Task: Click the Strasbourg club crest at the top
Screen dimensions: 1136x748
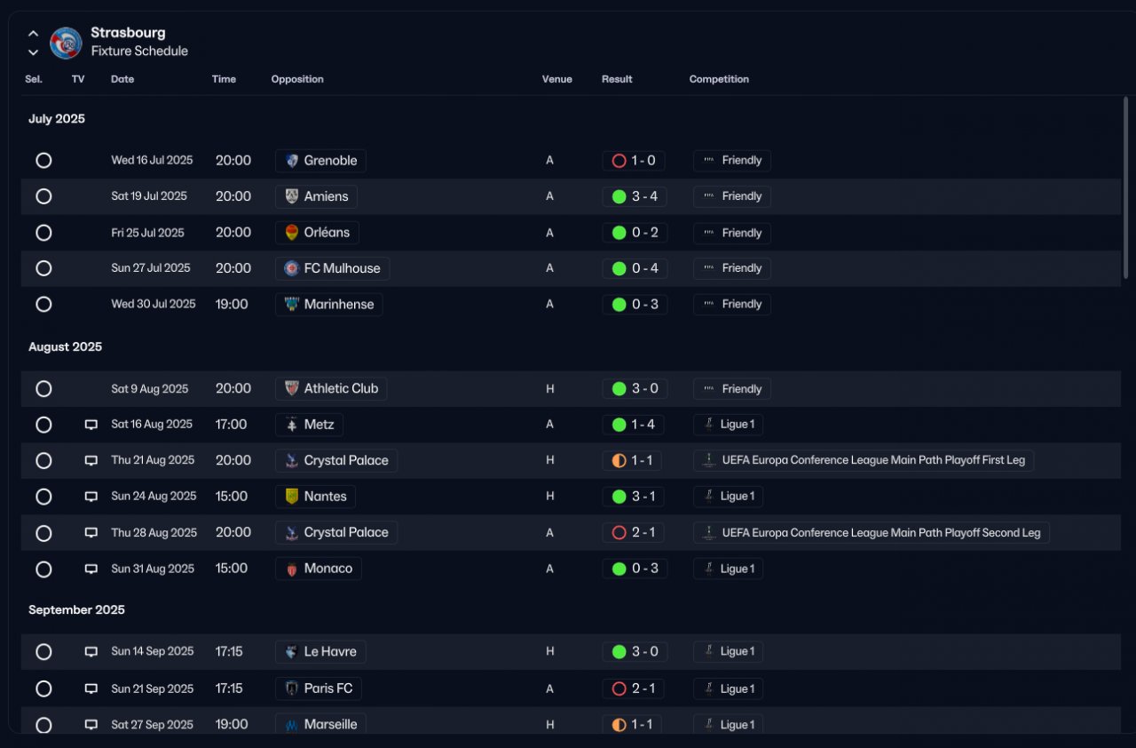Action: [66, 43]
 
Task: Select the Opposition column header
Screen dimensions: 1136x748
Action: [297, 79]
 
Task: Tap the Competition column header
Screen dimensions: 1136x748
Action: [719, 79]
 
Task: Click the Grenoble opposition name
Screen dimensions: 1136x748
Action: [330, 161]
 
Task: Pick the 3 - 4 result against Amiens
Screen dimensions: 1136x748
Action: [644, 196]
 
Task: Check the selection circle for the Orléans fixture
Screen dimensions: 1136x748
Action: [43, 233]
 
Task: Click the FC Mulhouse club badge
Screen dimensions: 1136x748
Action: [292, 268]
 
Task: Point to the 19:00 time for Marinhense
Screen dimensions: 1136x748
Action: [232, 304]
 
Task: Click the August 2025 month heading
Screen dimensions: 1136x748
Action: [65, 346]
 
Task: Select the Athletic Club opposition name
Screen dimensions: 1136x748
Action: [341, 389]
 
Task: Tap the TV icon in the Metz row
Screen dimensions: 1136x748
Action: [91, 425]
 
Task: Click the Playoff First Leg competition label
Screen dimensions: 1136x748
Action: [873, 460]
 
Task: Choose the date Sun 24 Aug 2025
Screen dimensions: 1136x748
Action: [154, 496]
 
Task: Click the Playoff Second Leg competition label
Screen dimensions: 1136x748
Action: [881, 532]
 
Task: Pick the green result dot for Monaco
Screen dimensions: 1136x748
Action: [619, 569]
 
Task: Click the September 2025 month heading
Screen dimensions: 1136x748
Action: [76, 609]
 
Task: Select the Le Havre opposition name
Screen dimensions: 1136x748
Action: [330, 651]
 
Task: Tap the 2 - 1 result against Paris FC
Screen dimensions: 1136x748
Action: [643, 688]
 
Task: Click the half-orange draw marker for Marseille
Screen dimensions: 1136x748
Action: [619, 725]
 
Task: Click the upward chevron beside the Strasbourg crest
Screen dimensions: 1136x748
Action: [33, 34]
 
